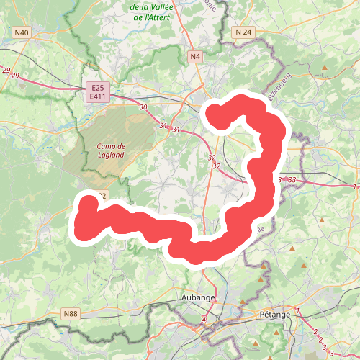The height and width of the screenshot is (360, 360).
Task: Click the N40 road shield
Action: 22,32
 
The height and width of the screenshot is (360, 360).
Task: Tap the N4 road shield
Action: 195,56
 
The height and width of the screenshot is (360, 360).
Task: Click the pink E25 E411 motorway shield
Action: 98,91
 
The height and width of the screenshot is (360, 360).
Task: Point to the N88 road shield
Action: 70,314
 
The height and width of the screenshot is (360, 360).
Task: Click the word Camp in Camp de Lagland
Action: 105,145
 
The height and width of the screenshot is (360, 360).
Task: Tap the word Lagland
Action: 110,154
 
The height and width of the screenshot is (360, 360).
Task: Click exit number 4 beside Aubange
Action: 204,318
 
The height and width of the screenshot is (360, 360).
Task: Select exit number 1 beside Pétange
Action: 298,310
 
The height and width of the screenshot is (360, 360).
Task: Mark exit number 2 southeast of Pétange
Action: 315,332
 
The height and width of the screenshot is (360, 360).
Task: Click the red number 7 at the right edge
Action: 356,186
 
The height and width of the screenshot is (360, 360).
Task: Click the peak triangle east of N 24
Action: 325,68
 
